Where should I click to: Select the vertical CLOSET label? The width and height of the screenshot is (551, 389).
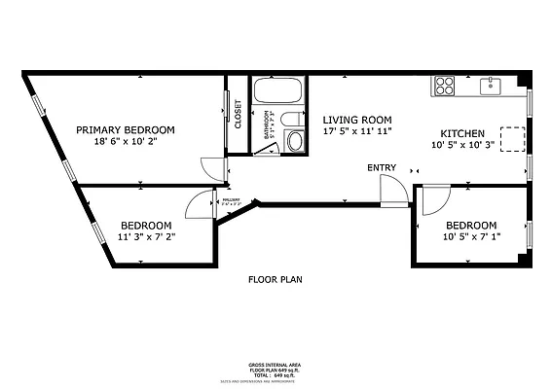pyautogui.click(x=238, y=116)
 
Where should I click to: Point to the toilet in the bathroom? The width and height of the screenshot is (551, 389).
pyautogui.click(x=296, y=142)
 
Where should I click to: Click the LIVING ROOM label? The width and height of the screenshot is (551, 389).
pyautogui.click(x=358, y=117)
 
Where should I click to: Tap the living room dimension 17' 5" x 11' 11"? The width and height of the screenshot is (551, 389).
pyautogui.click(x=358, y=129)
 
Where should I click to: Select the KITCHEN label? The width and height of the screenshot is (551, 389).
pyautogui.click(x=462, y=133)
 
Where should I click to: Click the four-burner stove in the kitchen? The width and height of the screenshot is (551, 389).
pyautogui.click(x=445, y=86)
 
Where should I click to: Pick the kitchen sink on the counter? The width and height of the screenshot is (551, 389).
pyautogui.click(x=490, y=86)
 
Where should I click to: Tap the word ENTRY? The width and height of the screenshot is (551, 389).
pyautogui.click(x=382, y=168)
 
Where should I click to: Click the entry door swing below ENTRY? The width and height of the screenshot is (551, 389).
pyautogui.click(x=390, y=191)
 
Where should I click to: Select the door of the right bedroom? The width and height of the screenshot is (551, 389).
pyautogui.click(x=434, y=199)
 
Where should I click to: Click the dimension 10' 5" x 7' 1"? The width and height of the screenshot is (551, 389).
pyautogui.click(x=470, y=237)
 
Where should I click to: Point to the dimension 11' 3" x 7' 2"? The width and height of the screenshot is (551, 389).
pyautogui.click(x=146, y=235)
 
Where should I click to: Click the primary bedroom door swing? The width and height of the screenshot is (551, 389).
pyautogui.click(x=212, y=166)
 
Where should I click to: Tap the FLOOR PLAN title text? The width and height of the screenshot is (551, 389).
pyautogui.click(x=275, y=279)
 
